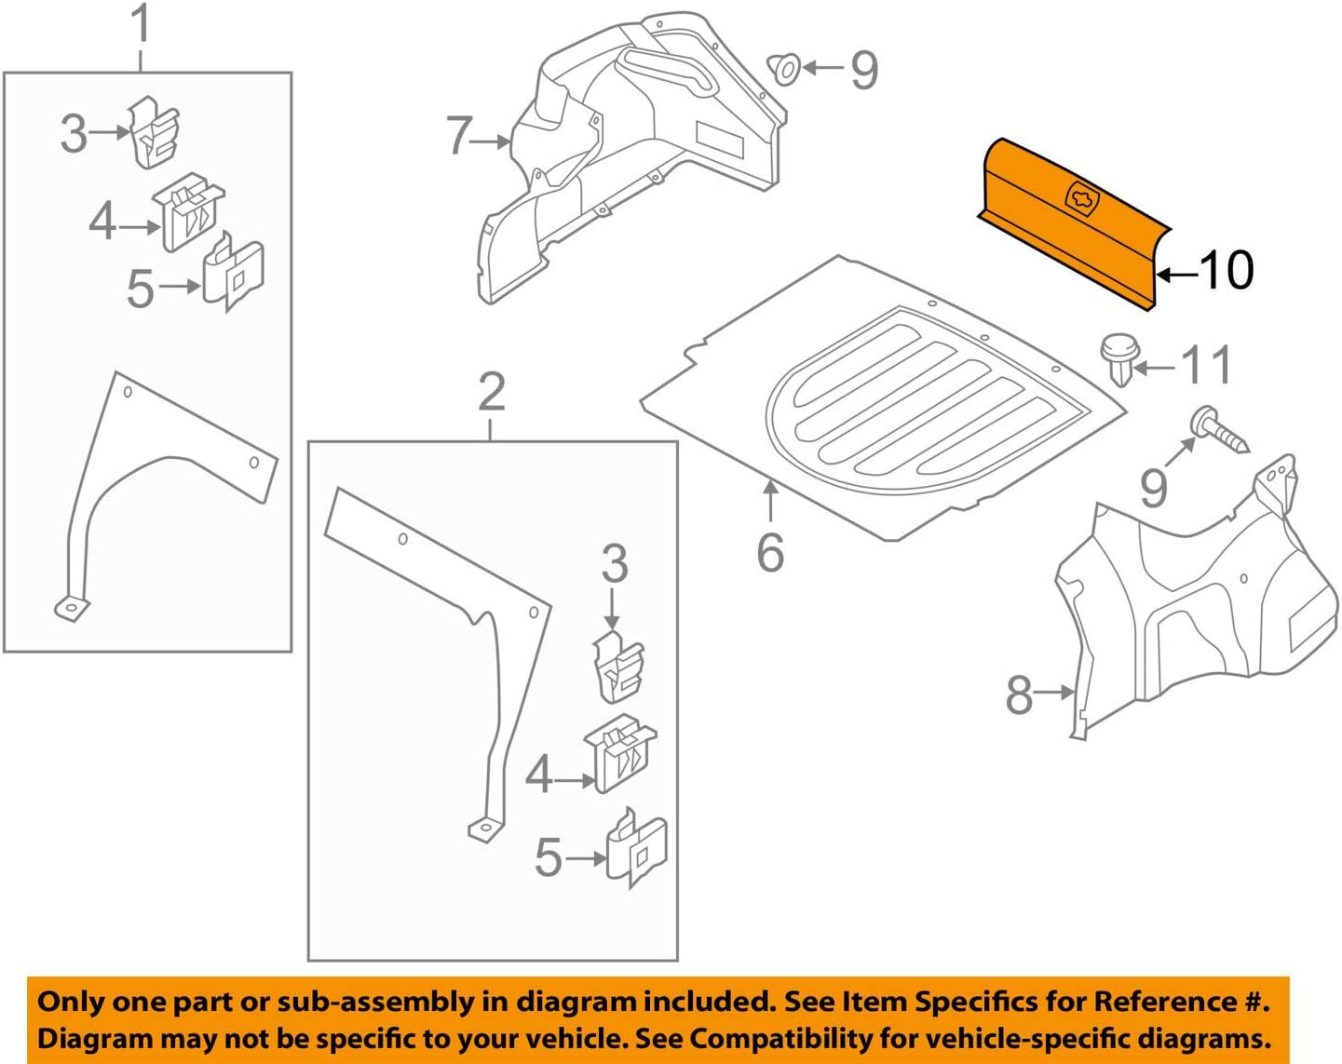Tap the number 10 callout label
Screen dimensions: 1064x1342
point(1227,271)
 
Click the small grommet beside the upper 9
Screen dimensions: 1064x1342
point(783,68)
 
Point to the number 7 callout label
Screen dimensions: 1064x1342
point(458,136)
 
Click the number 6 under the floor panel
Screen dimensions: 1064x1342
point(770,552)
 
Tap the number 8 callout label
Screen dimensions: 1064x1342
point(1019,694)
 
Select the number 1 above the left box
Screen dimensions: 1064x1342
point(141,25)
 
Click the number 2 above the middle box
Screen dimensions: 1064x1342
point(491,392)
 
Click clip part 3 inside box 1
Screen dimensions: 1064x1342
point(153,132)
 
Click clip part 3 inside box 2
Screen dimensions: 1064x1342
point(618,666)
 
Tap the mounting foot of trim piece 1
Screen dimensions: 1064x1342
point(72,609)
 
